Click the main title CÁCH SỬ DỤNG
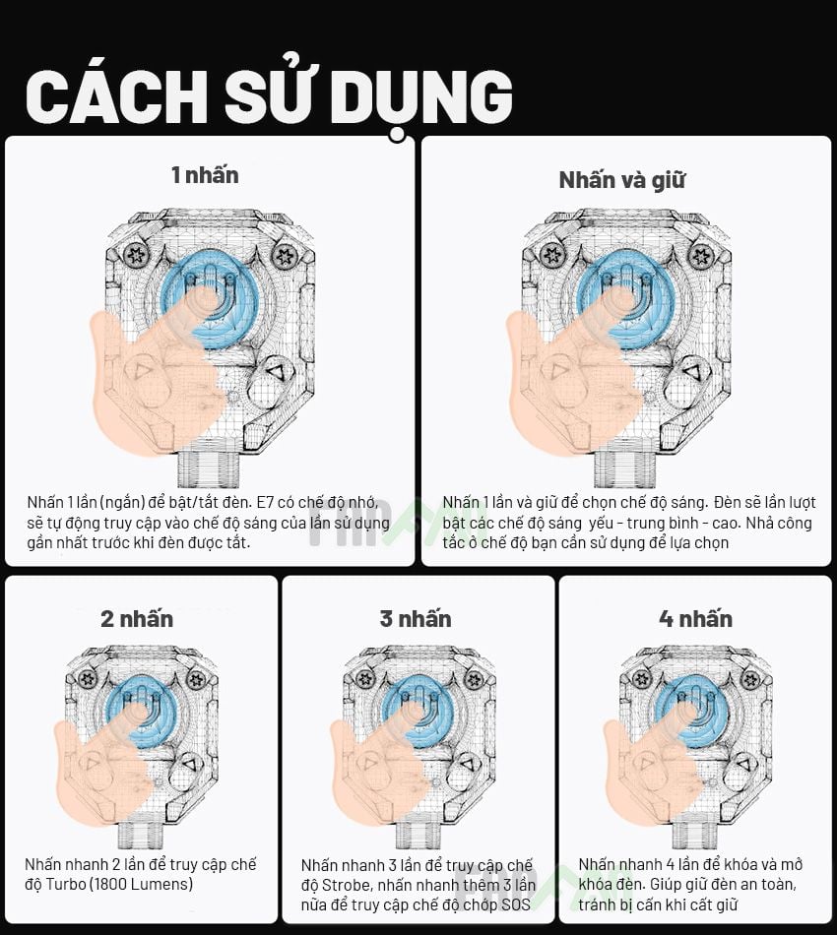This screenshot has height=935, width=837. click(268, 95)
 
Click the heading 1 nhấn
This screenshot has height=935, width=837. click(205, 175)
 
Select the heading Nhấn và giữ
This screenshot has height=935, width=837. click(621, 180)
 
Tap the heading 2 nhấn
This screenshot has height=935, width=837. click(137, 618)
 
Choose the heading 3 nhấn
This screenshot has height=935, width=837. click(416, 618)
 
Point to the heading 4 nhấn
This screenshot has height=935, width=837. click(695, 618)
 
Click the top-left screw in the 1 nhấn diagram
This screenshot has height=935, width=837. click(137, 256)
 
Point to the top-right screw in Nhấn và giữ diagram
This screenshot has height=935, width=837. click(701, 256)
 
